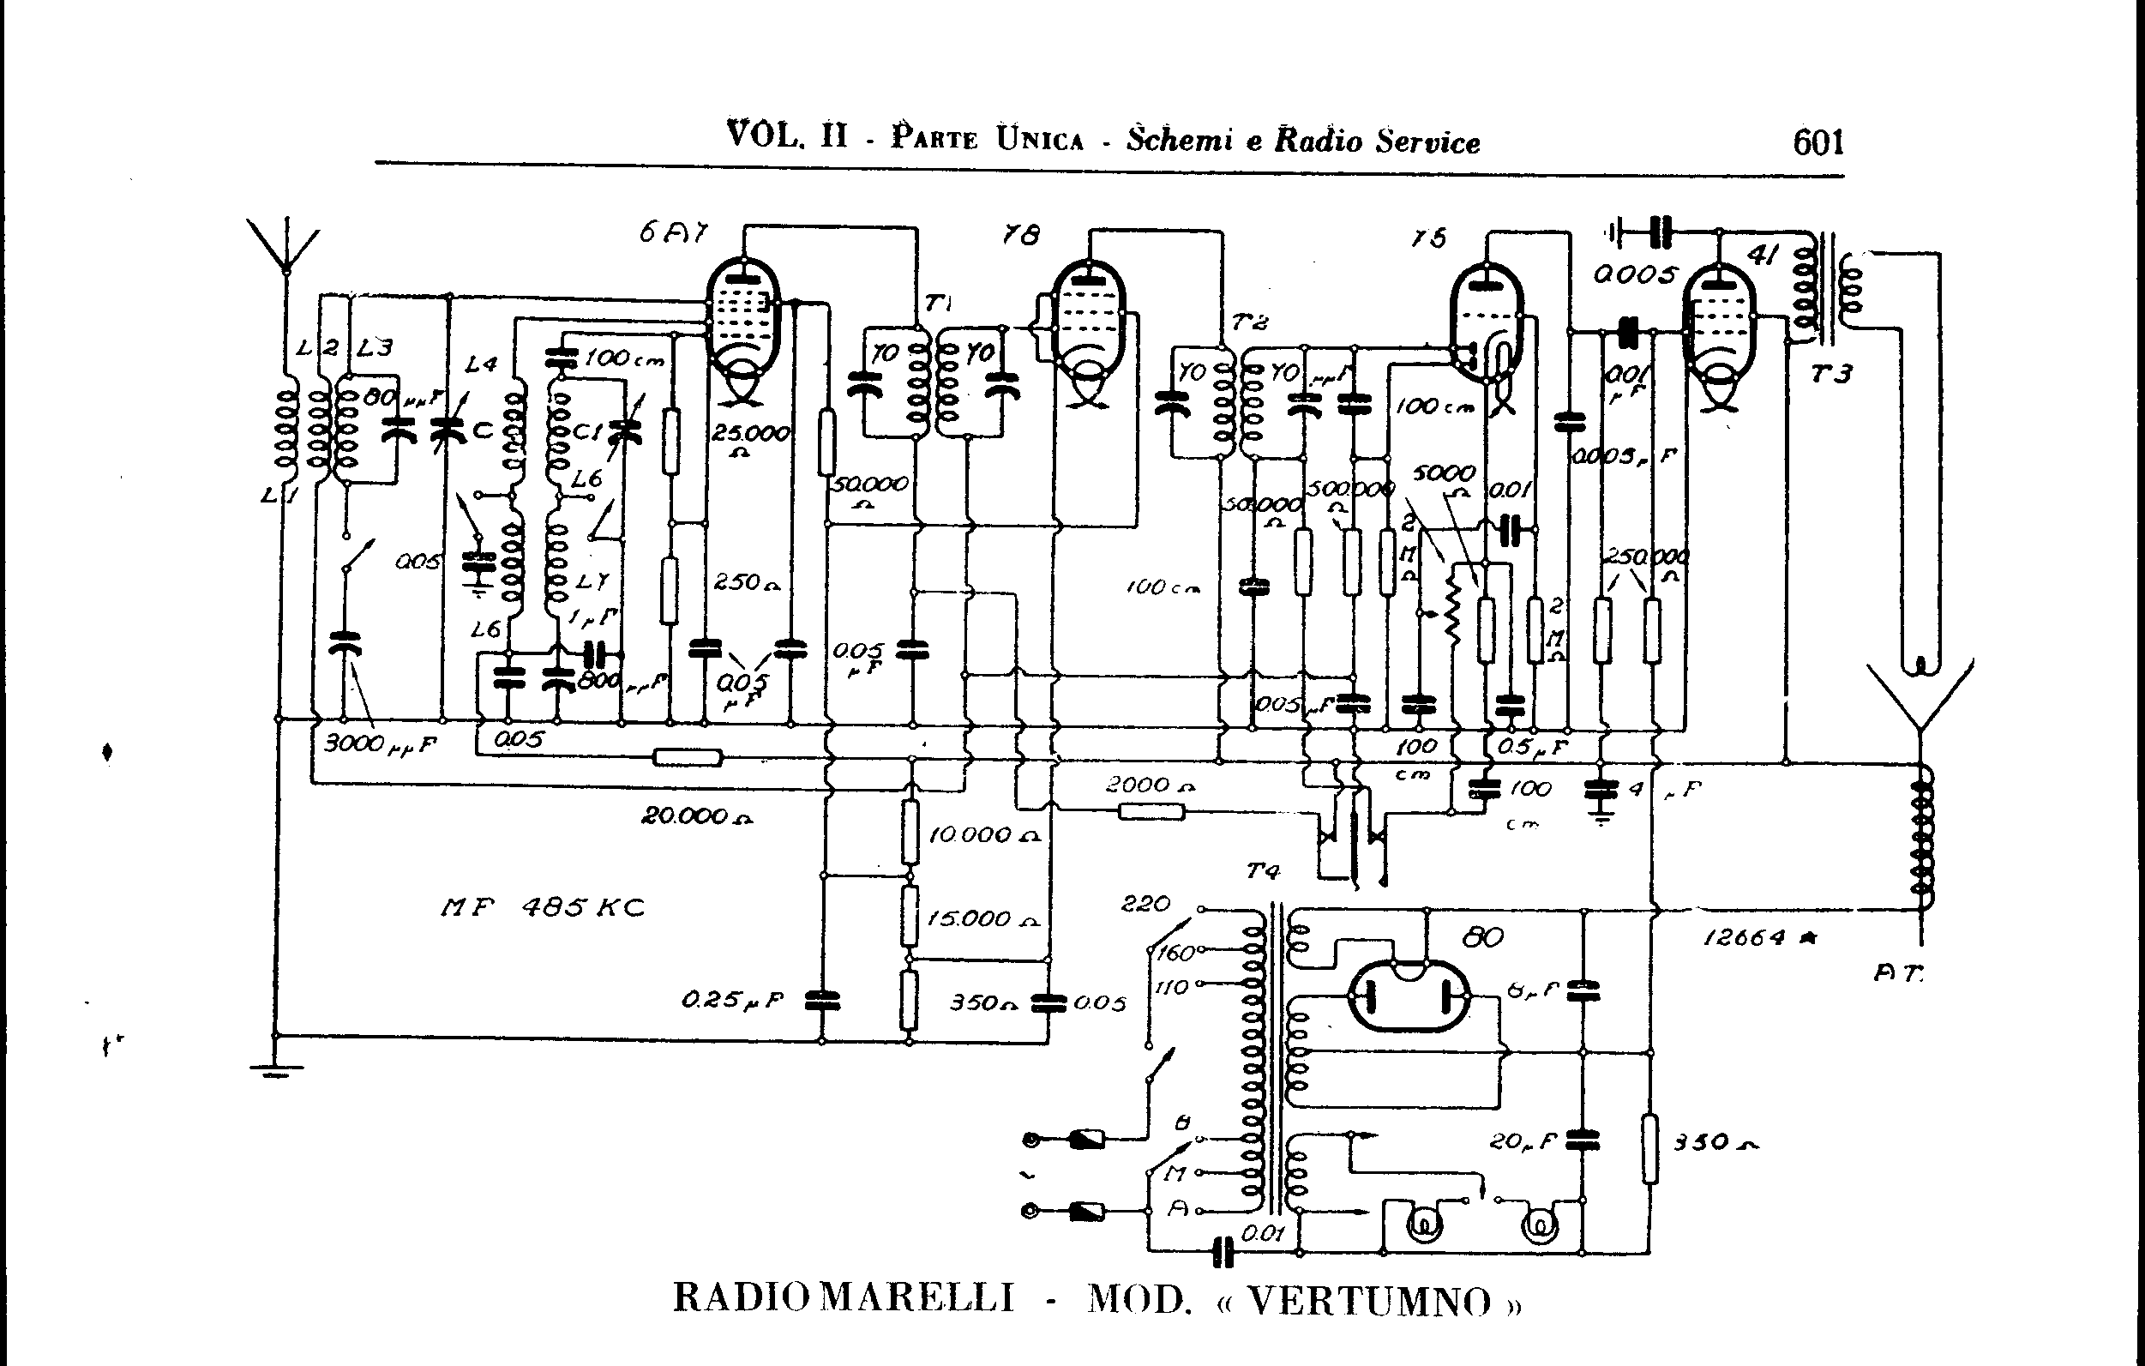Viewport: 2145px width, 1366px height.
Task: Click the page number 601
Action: point(1818,141)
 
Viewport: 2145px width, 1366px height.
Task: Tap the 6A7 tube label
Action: point(672,233)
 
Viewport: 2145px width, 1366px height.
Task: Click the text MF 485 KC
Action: point(543,908)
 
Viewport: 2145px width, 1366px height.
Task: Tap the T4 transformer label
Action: point(1262,870)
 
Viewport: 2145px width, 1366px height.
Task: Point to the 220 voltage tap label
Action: point(1145,904)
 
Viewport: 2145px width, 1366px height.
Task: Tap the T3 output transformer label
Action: point(1830,373)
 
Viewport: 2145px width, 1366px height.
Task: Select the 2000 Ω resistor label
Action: point(1149,785)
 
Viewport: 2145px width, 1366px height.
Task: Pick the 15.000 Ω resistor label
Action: point(982,918)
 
